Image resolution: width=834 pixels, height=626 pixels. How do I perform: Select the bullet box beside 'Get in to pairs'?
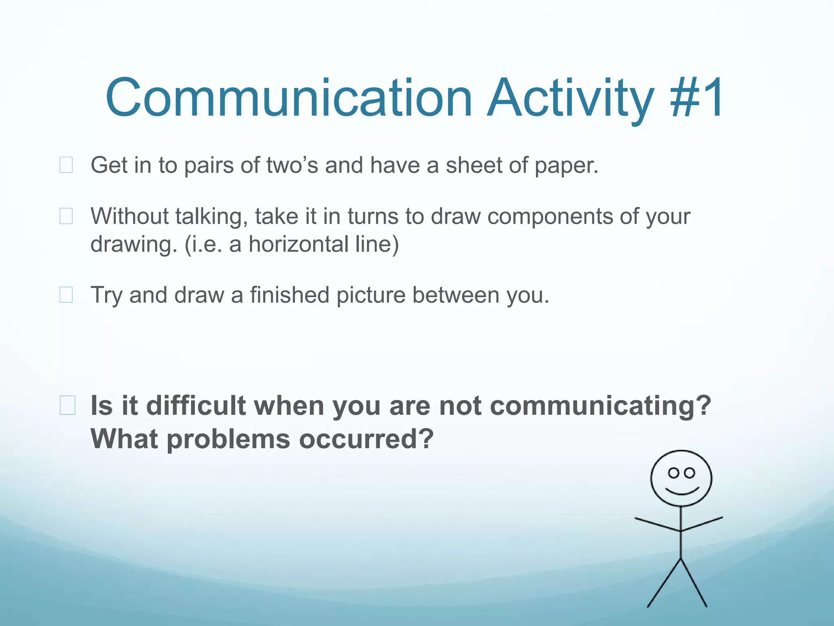point(66,165)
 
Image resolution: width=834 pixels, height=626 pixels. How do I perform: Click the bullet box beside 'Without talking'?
point(66,216)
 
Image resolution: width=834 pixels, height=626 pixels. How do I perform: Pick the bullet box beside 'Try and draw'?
point(66,295)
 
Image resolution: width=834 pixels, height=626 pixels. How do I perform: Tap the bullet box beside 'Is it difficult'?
point(67,406)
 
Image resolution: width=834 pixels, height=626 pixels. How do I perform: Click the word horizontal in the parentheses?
point(298,244)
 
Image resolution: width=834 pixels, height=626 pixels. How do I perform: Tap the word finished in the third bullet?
point(290,295)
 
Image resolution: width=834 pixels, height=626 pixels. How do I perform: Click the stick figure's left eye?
point(674,473)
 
